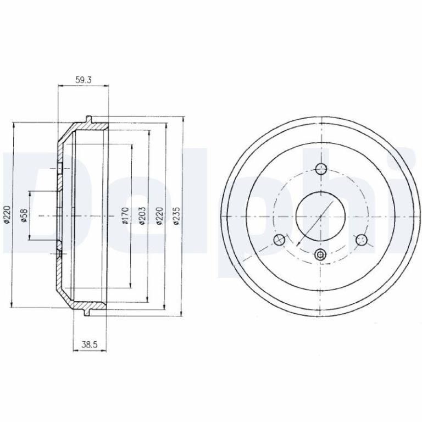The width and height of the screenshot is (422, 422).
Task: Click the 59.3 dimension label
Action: (84, 80)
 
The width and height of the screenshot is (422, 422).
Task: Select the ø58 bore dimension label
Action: (24, 216)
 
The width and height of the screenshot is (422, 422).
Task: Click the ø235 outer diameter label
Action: (176, 215)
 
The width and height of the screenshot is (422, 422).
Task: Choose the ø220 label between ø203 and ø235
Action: (159, 215)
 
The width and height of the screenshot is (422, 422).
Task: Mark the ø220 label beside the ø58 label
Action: (7, 214)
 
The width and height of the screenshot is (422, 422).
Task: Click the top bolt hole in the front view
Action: (321, 169)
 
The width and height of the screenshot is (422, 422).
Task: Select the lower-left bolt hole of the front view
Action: (279, 240)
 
